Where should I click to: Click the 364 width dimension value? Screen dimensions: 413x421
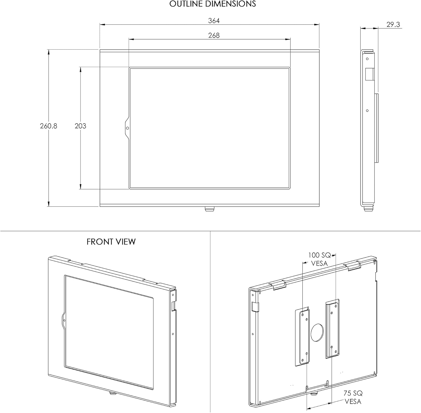pyautogui.click(x=214, y=21)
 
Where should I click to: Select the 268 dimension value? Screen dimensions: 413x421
pyautogui.click(x=214, y=36)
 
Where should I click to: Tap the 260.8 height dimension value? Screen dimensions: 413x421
pyautogui.click(x=48, y=126)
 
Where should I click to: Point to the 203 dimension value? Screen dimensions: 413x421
pyautogui.click(x=80, y=126)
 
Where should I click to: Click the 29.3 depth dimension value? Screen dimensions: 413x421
pyautogui.click(x=393, y=25)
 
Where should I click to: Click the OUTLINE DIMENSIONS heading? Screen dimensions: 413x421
pyautogui.click(x=212, y=4)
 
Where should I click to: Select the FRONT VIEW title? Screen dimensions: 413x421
pyautogui.click(x=111, y=242)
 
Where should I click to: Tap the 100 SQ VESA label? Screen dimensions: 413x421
pyautogui.click(x=319, y=259)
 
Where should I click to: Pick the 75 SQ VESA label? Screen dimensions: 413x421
pyautogui.click(x=353, y=397)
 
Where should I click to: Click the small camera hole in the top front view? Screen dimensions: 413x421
pyautogui.click(x=127, y=128)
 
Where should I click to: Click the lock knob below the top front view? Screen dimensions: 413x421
pyautogui.click(x=209, y=209)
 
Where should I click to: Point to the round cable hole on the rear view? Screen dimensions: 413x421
pyautogui.click(x=317, y=332)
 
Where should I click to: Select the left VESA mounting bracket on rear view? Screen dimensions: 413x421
pyautogui.click(x=302, y=336)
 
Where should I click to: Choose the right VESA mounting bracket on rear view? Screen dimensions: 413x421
pyautogui.click(x=333, y=329)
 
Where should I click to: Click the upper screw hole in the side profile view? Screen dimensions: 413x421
pyautogui.click(x=367, y=59)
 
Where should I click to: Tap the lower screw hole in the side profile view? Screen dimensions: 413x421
pyautogui.click(x=367, y=111)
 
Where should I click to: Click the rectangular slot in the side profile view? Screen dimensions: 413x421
pyautogui.click(x=369, y=74)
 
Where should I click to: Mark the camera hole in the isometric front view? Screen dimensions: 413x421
pyautogui.click(x=64, y=320)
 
